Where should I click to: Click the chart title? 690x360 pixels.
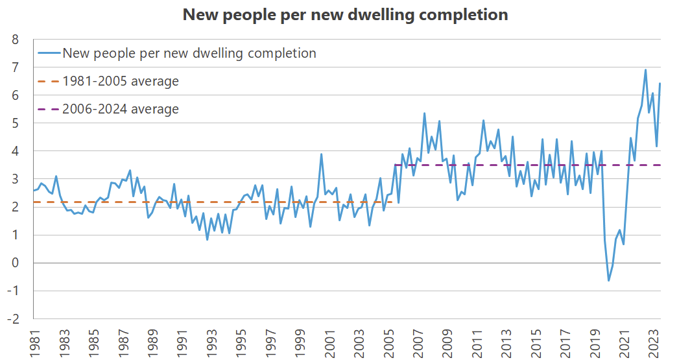tap(345, 15)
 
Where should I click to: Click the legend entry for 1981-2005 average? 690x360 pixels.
tap(120, 82)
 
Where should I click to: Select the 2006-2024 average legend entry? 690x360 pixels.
tap(120, 109)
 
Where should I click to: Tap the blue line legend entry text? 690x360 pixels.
tap(189, 54)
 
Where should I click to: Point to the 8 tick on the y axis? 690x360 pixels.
tap(15, 40)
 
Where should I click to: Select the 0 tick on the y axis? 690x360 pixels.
tap(15, 263)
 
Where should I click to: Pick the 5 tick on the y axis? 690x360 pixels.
tap(15, 123)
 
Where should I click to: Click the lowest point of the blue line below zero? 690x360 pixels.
tap(609, 280)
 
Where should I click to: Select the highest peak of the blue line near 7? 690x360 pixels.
tap(645, 70)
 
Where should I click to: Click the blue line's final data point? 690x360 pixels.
tap(660, 83)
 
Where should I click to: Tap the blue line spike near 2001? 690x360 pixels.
tap(321, 154)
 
